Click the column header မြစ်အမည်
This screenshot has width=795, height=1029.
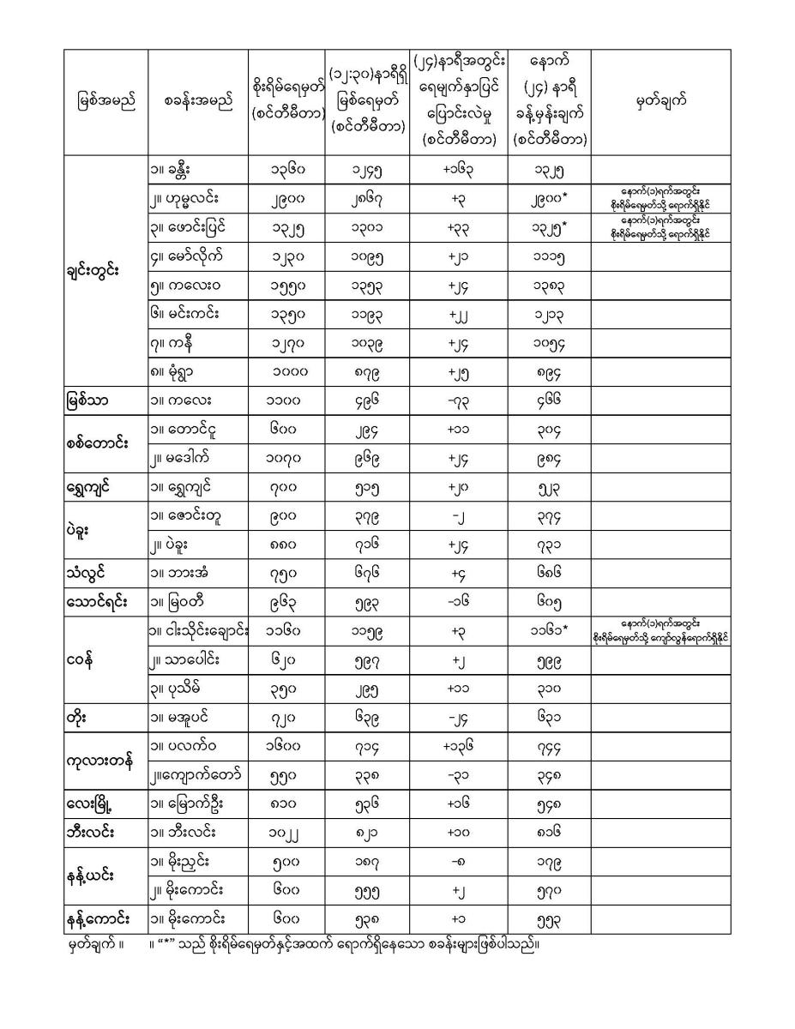(x=105, y=102)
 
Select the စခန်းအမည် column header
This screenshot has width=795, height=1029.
(x=197, y=102)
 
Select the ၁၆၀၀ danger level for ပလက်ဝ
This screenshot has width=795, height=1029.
(x=283, y=746)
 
